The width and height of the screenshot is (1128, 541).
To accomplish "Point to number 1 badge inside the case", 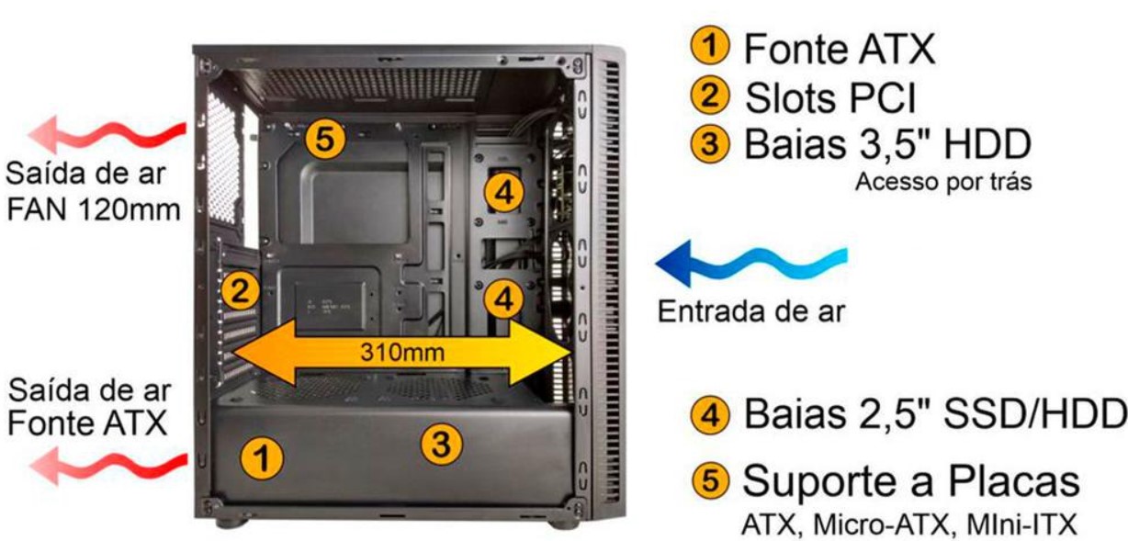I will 263,456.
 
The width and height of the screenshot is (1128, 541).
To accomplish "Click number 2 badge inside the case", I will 240,292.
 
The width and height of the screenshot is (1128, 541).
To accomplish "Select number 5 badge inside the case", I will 325,141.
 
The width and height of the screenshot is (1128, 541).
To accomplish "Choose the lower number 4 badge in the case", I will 503,298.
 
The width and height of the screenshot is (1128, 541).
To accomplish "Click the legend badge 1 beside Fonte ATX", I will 710,49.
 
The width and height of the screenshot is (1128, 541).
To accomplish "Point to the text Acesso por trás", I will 943,182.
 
